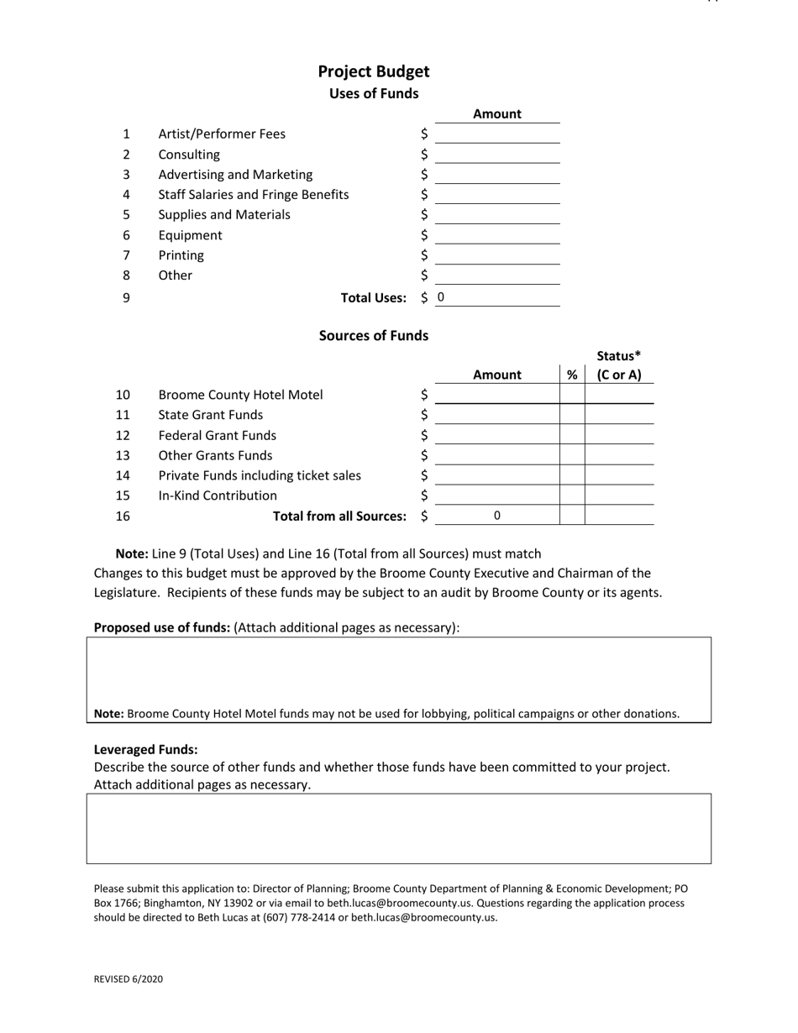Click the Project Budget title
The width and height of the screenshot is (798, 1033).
point(373,71)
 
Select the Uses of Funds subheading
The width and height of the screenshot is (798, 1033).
point(373,93)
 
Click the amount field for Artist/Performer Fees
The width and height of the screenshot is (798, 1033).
point(497,134)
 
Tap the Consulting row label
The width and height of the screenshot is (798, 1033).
point(189,155)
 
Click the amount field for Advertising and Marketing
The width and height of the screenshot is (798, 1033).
point(497,175)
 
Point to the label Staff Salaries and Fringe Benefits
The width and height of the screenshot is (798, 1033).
point(254,195)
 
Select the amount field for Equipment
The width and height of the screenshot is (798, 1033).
point(497,235)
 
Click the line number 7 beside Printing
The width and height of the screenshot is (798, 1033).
point(126,255)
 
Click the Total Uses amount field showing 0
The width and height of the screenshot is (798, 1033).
point(497,297)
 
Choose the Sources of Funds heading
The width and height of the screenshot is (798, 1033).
point(373,335)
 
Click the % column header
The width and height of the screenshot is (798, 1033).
point(572,375)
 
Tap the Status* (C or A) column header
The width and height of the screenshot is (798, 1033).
point(619,365)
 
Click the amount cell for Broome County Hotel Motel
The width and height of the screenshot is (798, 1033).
point(497,395)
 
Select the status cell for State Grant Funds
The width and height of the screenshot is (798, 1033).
point(619,415)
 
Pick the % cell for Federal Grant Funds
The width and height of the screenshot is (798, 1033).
point(572,435)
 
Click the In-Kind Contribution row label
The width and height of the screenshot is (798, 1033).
point(218,496)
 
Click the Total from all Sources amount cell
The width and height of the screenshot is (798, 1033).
point(497,516)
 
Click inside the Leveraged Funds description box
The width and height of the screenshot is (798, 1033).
point(399,828)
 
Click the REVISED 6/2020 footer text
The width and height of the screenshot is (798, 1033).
point(129,979)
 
